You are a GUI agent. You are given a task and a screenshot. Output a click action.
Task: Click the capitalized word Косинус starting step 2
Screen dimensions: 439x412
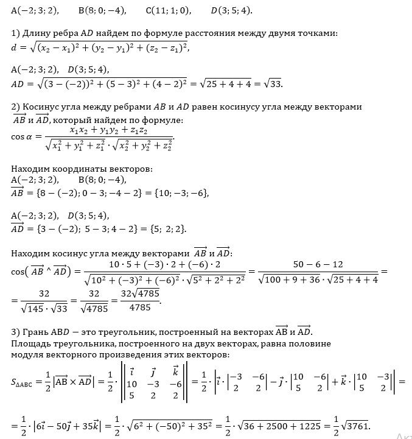[42, 107]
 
